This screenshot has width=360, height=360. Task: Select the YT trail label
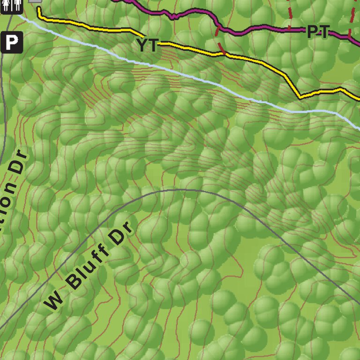(x=147, y=45)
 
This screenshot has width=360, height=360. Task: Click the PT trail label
(x=318, y=32)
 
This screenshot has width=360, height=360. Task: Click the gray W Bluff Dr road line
(x=187, y=190)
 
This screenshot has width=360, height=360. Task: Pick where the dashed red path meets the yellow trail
(x=225, y=54)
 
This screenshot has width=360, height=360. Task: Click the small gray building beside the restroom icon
(x=35, y=1)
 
